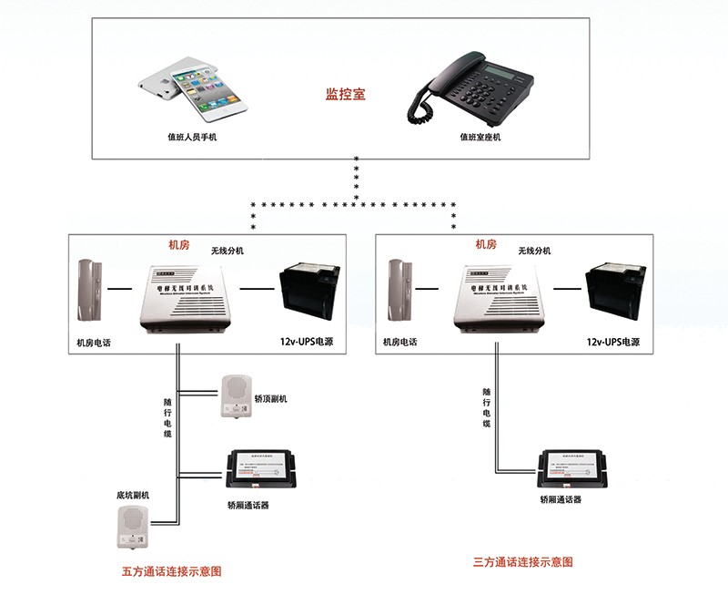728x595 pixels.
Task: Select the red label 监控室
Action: [346, 94]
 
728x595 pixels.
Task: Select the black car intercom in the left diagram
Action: [260, 470]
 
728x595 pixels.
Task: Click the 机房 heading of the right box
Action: [486, 244]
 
